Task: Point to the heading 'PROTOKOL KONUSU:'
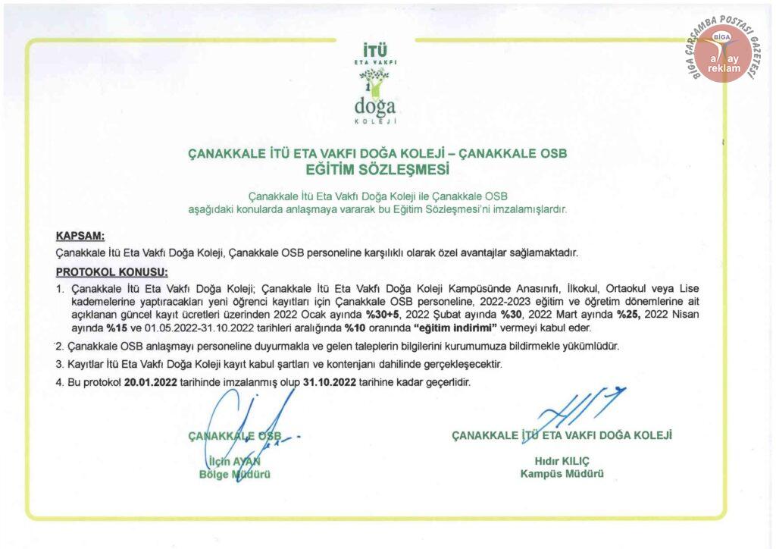click(112, 271)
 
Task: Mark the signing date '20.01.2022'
click(151, 382)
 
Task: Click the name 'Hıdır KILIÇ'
click(562, 461)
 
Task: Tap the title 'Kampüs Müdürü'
click(562, 474)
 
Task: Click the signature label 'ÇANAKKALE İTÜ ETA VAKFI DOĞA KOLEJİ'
click(562, 435)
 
